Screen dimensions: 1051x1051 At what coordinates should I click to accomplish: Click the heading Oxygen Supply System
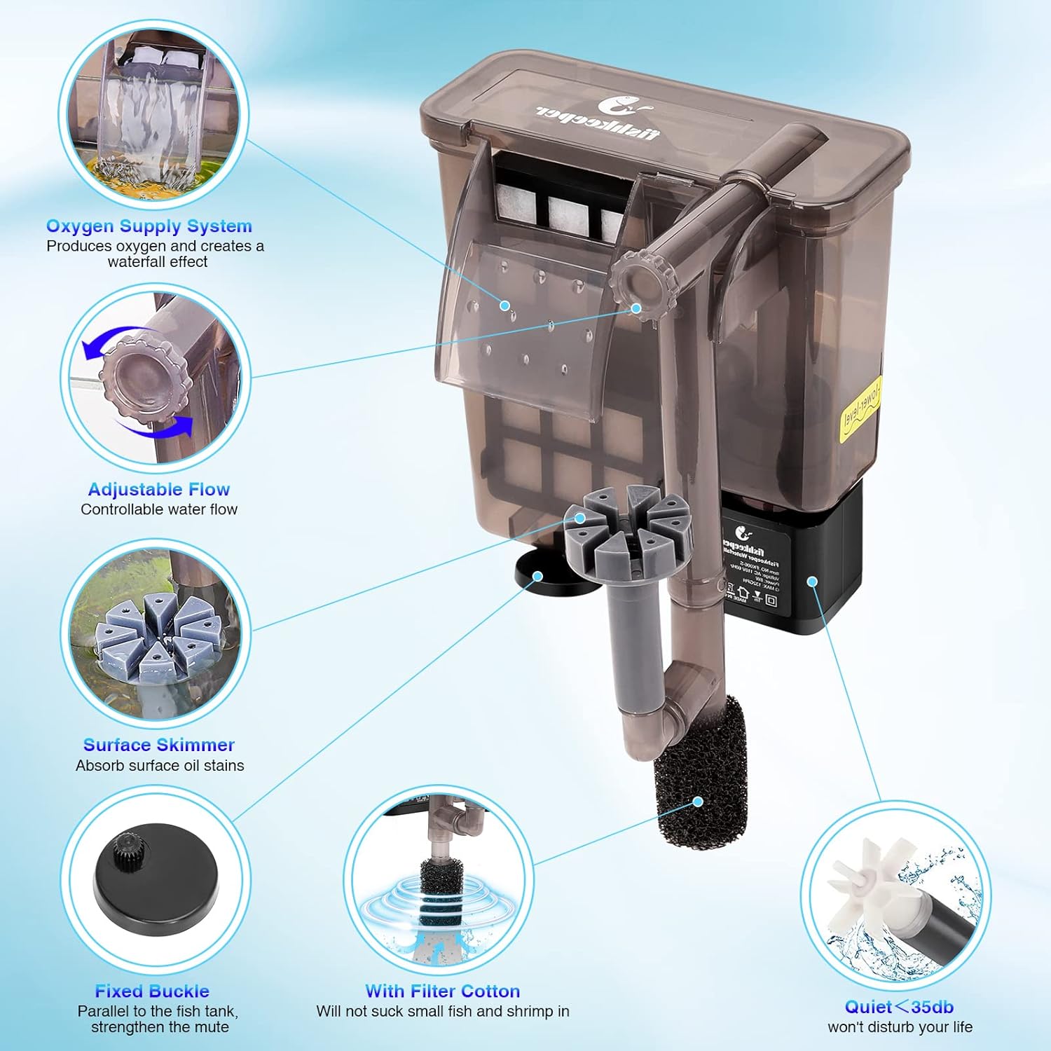pos(149,226)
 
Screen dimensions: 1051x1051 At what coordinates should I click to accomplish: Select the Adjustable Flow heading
pos(158,490)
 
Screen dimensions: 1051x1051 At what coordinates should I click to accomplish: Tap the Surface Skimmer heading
pos(158,745)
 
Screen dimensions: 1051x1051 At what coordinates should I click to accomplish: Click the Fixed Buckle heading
pos(152,991)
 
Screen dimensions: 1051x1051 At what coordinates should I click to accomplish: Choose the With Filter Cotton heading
pos(442,991)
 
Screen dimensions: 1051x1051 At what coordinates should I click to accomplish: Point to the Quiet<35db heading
pos(899,1007)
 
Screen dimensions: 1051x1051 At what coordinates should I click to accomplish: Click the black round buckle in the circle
pos(153,883)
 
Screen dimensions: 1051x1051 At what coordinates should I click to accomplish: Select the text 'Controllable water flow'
pos(158,509)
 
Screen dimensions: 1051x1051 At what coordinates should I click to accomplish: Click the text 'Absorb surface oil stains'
pos(160,765)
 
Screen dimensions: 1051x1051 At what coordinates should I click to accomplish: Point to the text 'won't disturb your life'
pos(900,1027)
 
